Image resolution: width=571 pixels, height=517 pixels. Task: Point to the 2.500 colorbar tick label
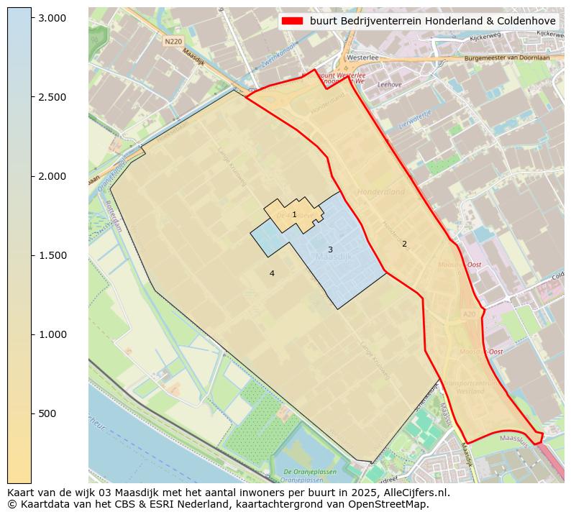52,97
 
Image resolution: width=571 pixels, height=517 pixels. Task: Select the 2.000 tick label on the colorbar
52,176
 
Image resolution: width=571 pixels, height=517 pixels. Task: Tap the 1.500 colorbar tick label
52,255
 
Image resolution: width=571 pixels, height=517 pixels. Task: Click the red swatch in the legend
293,21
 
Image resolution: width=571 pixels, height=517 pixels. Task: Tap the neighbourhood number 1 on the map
294,214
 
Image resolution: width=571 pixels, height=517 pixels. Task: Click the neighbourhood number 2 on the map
404,244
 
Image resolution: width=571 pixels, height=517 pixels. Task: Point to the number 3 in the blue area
330,250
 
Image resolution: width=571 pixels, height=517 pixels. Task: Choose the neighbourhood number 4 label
272,273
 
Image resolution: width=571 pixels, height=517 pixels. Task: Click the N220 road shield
173,42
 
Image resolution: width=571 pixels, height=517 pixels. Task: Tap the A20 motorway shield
469,314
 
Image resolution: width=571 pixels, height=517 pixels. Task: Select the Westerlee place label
362,57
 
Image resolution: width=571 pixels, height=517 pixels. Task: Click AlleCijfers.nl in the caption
417,493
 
